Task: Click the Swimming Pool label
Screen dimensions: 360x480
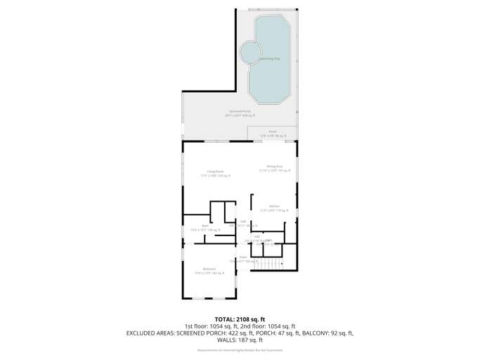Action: point(270,58)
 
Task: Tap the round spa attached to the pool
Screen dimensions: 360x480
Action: point(250,52)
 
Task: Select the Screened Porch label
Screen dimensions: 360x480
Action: point(240,112)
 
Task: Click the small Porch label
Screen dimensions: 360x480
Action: point(273,132)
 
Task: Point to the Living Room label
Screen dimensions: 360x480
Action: point(215,173)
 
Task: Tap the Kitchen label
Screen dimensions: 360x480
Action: point(274,207)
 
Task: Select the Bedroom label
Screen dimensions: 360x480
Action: point(209,271)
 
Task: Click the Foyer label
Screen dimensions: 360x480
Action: point(242,259)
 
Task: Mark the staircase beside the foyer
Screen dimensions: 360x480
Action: point(268,264)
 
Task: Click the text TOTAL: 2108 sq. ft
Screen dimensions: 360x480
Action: point(240,319)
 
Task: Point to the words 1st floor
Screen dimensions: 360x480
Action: point(196,327)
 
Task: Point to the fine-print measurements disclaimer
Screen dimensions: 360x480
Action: point(240,350)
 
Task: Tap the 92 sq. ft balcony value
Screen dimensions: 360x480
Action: point(340,333)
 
